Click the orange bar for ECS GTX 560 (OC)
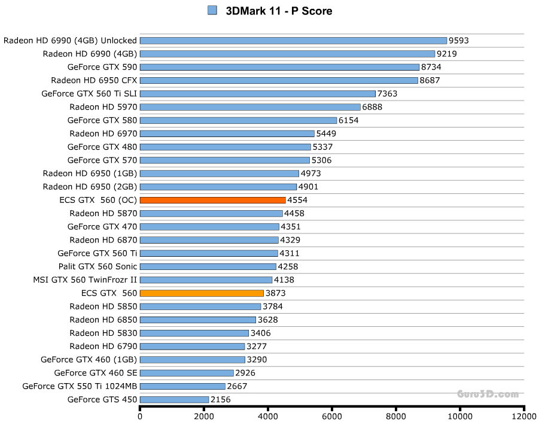pyautogui.click(x=212, y=200)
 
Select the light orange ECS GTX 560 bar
pyautogui.click(x=202, y=293)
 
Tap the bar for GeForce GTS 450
pyautogui.click(x=174, y=399)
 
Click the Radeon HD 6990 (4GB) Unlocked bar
pyautogui.click(x=293, y=41)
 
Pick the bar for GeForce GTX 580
pyautogui.click(x=238, y=120)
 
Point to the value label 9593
pyautogui.click(x=459, y=41)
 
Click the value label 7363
pyautogui.click(x=387, y=94)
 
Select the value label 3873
pyautogui.click(x=276, y=293)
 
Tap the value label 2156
pyautogui.click(x=221, y=399)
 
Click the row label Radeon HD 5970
pyautogui.click(x=103, y=107)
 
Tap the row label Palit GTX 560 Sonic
pyautogui.click(x=98, y=266)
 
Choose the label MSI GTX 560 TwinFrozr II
pyautogui.click(x=85, y=280)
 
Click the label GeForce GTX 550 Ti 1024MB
pyautogui.click(x=80, y=386)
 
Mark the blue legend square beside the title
pyautogui.click(x=212, y=10)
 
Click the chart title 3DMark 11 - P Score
pyautogui.click(x=278, y=11)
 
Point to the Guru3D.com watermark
pyautogui.click(x=488, y=394)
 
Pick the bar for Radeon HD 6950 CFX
pyautogui.click(x=279, y=80)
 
